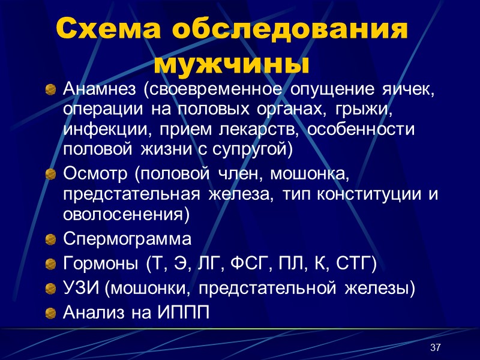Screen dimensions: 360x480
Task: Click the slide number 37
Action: (436, 349)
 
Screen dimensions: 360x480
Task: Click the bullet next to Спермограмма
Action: (51, 241)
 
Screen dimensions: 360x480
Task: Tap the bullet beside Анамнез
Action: (51, 91)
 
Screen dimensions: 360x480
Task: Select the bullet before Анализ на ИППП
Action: (51, 313)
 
